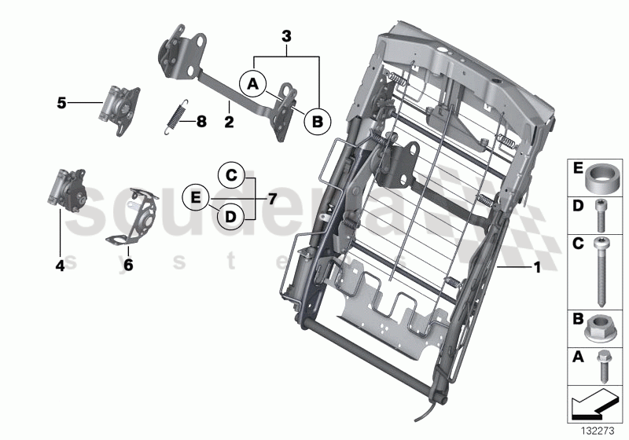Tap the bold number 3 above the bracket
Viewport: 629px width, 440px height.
tap(286, 36)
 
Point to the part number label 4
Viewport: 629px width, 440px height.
tap(59, 266)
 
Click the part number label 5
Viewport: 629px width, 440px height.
tap(60, 102)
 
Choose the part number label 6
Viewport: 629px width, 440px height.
tap(128, 266)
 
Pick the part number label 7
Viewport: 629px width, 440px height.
tap(272, 199)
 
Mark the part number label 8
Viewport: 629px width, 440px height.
tap(201, 121)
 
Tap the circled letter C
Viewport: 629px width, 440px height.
tap(230, 174)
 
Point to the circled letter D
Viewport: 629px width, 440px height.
tap(230, 215)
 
